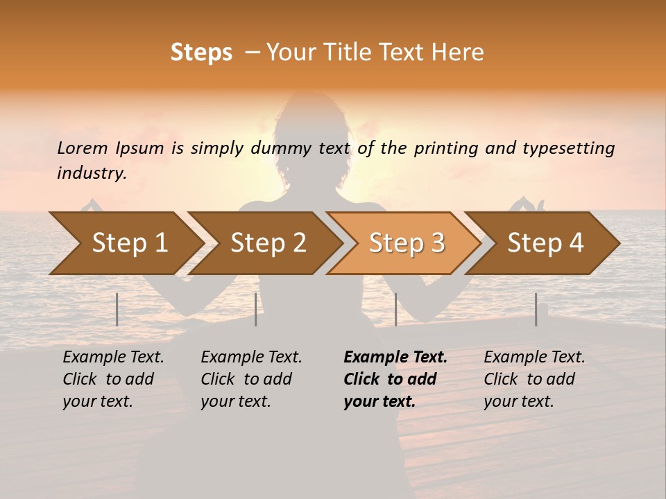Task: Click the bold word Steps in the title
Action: tap(201, 53)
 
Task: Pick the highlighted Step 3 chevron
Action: tap(407, 243)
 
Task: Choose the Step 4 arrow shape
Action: tap(545, 243)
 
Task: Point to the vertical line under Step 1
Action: tap(117, 309)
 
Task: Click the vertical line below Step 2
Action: tap(256, 309)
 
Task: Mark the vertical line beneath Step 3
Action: tap(395, 309)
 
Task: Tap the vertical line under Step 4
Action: tap(536, 309)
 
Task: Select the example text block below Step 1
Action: tap(113, 379)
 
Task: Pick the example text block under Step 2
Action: tap(251, 379)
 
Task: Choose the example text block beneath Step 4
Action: tap(534, 379)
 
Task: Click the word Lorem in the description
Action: tap(83, 148)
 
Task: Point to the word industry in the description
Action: tap(91, 173)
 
